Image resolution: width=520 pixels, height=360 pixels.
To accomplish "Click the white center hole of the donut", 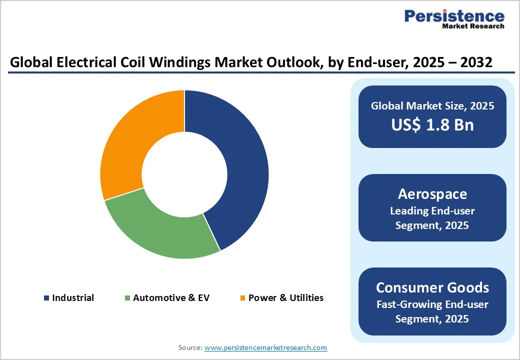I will coord(184,174).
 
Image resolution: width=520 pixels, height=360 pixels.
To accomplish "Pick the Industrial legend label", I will coord(73,298).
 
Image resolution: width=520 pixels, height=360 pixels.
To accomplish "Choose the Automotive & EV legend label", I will coord(171,298).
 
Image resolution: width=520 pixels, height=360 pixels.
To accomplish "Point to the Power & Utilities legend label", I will coord(286,298).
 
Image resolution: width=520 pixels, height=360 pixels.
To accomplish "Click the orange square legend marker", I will coord(243,298).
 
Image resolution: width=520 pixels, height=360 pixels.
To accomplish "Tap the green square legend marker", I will coord(127,298).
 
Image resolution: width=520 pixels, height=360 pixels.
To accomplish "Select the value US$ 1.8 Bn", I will coord(432,125).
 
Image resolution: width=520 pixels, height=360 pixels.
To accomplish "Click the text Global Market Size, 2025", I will coord(432,106).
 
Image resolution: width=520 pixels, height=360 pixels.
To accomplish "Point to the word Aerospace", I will coord(432,194).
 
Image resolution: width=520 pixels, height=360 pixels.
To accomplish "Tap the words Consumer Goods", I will coord(432,287).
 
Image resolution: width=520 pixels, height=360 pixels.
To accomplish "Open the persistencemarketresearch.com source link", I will coord(265,347).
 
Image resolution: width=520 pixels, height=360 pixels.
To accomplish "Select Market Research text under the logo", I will coord(473,26).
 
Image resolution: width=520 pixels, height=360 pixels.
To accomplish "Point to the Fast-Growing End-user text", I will coord(432,304).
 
